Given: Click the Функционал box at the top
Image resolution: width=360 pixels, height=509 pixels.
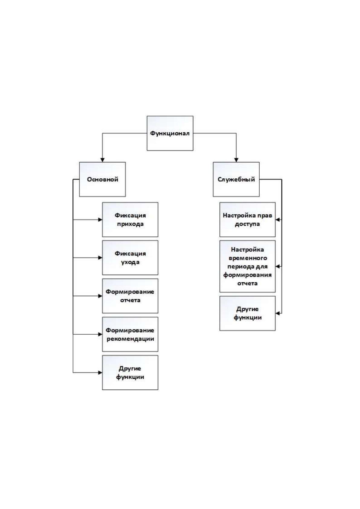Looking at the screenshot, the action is click(x=170, y=133).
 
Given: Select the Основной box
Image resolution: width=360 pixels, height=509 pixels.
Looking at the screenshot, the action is click(x=102, y=179).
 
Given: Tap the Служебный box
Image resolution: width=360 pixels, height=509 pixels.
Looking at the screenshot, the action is click(x=236, y=179).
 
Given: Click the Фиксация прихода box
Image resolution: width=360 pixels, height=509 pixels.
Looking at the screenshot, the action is click(x=130, y=219).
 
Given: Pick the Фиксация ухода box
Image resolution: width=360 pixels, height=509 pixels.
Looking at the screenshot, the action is click(x=130, y=258).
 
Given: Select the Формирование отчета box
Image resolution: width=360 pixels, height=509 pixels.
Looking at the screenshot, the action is click(x=130, y=296).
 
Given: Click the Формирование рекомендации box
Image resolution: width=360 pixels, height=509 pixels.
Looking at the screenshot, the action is click(x=130, y=334).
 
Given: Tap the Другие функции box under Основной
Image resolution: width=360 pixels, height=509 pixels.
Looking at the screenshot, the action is click(x=130, y=373).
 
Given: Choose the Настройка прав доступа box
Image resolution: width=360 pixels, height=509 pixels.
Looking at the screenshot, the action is click(x=248, y=219).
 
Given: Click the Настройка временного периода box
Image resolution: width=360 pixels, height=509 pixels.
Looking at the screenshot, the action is click(x=248, y=266).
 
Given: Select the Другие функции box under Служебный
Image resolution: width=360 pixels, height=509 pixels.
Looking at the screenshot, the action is click(x=248, y=313).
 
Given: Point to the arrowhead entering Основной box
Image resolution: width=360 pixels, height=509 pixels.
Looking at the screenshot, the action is click(x=102, y=160).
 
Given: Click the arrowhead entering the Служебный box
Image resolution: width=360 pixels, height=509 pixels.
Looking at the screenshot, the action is click(x=236, y=160).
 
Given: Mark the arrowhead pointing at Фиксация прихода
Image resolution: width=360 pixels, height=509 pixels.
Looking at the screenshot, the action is click(x=100, y=219).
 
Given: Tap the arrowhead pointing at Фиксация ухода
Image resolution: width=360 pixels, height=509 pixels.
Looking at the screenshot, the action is click(x=100, y=258).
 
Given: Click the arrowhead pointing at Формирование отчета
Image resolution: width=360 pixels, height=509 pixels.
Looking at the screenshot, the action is click(x=100, y=296).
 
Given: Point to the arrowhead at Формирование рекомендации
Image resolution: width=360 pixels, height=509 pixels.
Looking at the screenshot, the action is click(x=100, y=334).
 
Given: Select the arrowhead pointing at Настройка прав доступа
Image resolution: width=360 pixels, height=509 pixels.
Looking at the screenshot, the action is click(x=277, y=220).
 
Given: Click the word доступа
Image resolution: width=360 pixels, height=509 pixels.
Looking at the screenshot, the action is click(x=247, y=224).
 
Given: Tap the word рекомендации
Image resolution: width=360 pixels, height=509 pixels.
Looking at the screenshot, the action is click(x=130, y=339).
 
